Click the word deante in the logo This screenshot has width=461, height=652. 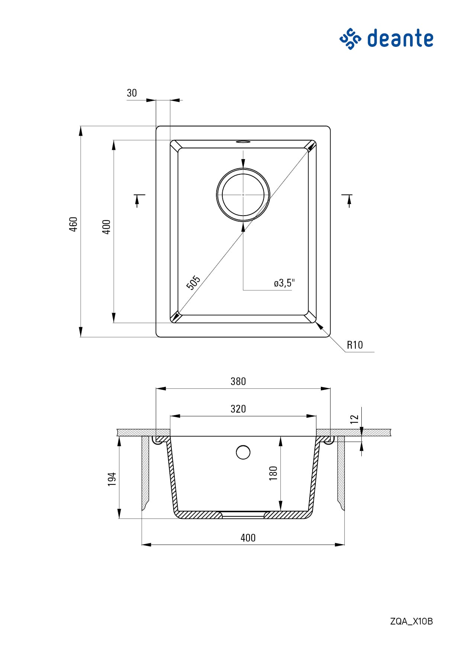(400, 38)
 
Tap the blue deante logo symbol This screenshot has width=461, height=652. (350, 38)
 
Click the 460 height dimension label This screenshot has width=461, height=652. (74, 224)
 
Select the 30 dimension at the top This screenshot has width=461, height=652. (132, 93)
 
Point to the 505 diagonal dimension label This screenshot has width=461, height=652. (193, 283)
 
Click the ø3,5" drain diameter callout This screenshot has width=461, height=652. (284, 283)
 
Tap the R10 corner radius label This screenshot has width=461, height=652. (355, 345)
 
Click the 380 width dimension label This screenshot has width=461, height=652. (238, 381)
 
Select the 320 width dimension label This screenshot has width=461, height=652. (238, 409)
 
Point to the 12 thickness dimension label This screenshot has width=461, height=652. (354, 419)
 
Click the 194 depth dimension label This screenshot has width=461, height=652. (112, 480)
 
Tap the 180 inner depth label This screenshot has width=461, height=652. (273, 473)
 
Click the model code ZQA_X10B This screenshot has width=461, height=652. (412, 621)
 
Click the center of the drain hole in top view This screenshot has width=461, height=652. (243, 194)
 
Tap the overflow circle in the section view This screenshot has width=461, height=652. (243, 452)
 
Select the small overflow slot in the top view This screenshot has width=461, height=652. (243, 142)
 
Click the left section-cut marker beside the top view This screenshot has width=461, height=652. (138, 200)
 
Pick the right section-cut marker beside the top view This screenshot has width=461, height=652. (348, 200)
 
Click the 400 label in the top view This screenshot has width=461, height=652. (106, 227)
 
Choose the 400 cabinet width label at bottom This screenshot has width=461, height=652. (248, 538)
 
